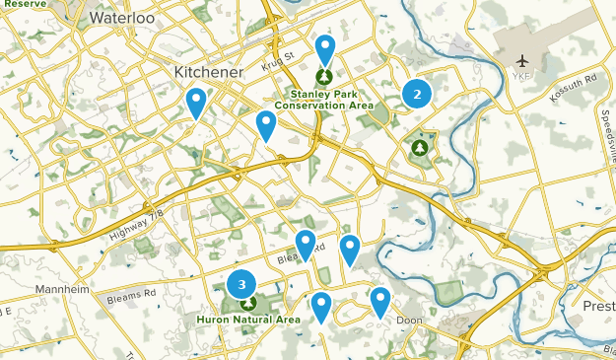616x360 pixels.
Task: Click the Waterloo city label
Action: coord(123,18)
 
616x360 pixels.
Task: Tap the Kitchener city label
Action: coord(208,72)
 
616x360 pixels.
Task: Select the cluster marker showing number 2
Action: coord(417,94)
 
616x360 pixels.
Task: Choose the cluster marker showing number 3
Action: coord(240,284)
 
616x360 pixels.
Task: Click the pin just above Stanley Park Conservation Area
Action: coord(324,49)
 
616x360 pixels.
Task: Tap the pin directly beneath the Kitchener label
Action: coord(197,102)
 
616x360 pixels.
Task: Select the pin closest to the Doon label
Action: coord(380,301)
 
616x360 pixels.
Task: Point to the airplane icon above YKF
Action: coord(521,61)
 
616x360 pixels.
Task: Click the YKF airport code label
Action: coord(521,76)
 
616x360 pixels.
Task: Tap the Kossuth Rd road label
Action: coord(576,80)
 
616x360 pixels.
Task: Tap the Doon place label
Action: coord(408,321)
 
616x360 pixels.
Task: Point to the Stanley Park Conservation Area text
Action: coord(323,99)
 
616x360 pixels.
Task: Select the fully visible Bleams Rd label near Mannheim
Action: coord(136,293)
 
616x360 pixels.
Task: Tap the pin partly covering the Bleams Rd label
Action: coord(306,244)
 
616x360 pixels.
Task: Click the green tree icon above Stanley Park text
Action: coord(324,76)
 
